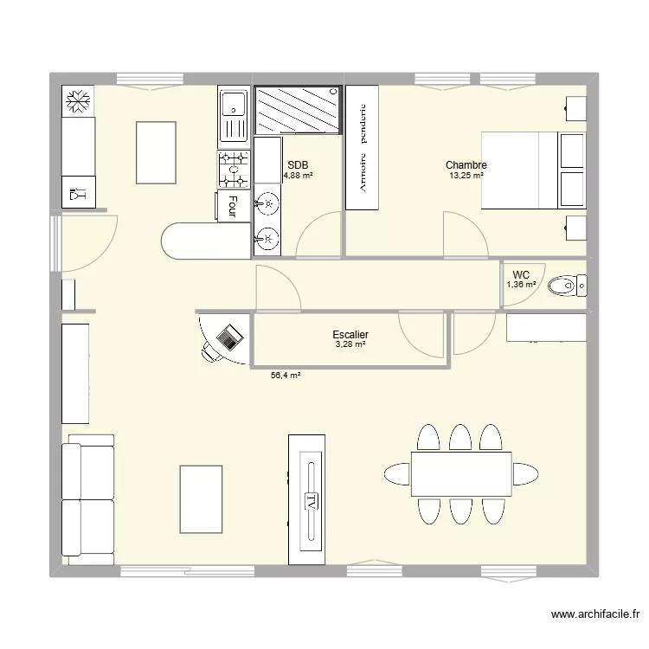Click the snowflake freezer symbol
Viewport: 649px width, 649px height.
pyautogui.click(x=78, y=101)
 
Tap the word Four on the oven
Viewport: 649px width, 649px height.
pyautogui.click(x=233, y=207)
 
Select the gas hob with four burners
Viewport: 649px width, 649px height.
pyautogui.click(x=234, y=170)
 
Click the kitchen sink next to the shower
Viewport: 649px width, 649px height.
pyautogui.click(x=234, y=117)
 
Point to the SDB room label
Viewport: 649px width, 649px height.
pyautogui.click(x=298, y=165)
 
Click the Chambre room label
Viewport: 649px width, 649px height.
pyautogui.click(x=466, y=164)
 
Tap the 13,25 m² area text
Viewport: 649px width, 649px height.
pyautogui.click(x=466, y=176)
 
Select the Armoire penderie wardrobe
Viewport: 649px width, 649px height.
pyautogui.click(x=363, y=147)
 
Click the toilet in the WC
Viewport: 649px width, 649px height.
pyautogui.click(x=568, y=286)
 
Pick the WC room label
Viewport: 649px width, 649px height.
pyautogui.click(x=521, y=275)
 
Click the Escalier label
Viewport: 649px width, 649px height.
pyautogui.click(x=350, y=334)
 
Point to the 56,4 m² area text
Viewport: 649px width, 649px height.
pyautogui.click(x=286, y=376)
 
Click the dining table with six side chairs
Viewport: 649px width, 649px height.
pyautogui.click(x=461, y=474)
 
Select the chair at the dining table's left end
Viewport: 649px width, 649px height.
pyautogui.click(x=397, y=474)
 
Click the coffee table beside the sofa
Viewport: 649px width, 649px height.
pyautogui.click(x=201, y=499)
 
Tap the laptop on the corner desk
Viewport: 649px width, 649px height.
pyautogui.click(x=229, y=337)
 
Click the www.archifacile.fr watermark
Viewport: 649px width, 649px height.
pyautogui.click(x=595, y=614)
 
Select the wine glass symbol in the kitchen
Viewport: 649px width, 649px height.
pyautogui.click(x=78, y=193)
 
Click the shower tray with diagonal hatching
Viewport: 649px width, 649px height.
pyautogui.click(x=298, y=110)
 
